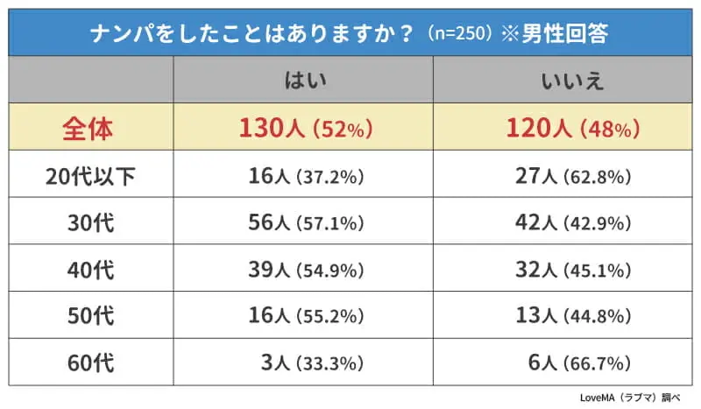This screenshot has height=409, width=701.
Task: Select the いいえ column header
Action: point(564,81)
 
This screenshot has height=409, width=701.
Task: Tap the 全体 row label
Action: point(88,128)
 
